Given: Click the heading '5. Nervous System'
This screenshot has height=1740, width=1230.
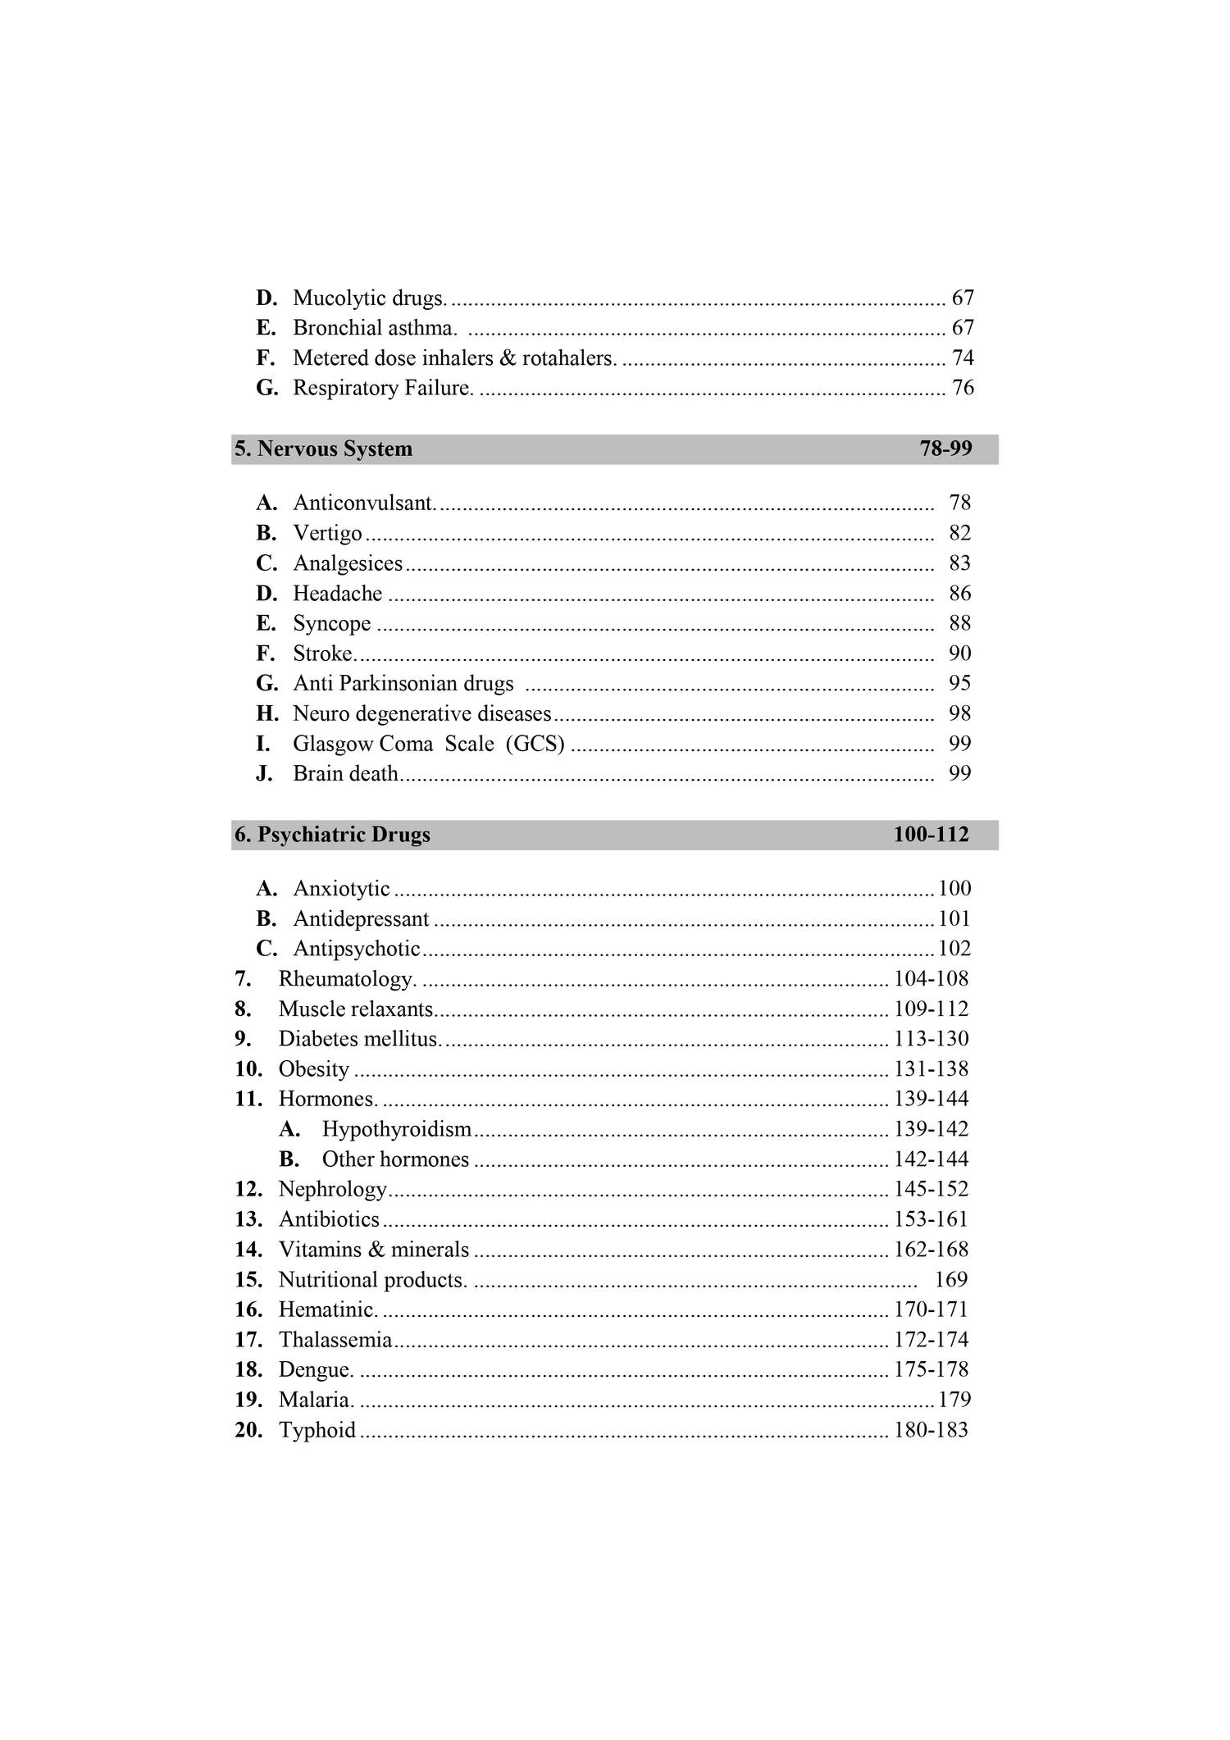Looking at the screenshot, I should pos(323,449).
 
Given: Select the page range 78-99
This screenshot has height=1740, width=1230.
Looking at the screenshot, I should pos(945,449).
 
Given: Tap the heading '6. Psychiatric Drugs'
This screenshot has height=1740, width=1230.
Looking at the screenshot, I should pos(332,835).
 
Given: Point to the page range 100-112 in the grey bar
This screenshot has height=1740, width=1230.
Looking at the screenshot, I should pos(931,835).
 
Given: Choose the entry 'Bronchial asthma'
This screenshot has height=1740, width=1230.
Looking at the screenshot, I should pos(374,328).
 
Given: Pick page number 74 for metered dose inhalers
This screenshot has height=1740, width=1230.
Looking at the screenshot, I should pos(963,358).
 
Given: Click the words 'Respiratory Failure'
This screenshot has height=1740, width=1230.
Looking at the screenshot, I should pos(383,388).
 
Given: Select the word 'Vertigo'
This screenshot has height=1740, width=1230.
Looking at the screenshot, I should pos(327,533).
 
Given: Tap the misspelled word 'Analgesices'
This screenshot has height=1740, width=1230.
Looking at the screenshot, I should pos(348,563).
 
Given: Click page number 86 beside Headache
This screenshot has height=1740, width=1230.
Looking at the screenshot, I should pos(959,594).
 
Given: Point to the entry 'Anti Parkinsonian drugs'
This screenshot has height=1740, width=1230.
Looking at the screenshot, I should pos(403,684).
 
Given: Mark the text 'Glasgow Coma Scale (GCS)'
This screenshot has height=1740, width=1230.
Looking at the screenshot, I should pos(428,744).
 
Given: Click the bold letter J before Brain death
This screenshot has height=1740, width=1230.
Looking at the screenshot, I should pos(264,774).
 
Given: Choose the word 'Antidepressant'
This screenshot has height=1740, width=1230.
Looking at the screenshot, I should pos(361,919).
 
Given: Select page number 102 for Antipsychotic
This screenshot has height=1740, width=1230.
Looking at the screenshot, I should pos(954,949).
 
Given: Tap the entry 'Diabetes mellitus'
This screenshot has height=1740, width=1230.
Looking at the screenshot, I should pos(359,1039).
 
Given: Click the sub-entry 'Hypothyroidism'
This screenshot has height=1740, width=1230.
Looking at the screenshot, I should pos(397,1129).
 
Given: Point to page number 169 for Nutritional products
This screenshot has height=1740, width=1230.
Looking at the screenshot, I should pos(951,1280).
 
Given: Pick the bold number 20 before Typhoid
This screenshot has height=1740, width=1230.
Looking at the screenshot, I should pos(248,1430).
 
